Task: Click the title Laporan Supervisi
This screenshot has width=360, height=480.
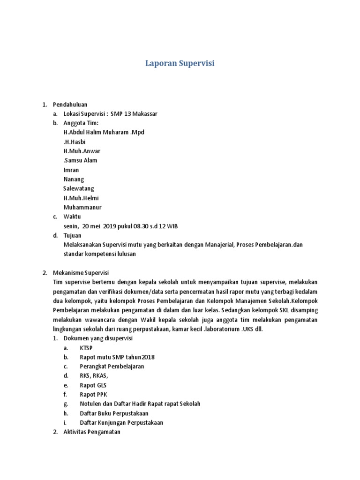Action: click(x=180, y=63)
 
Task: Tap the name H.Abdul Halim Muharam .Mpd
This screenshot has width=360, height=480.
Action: click(x=104, y=132)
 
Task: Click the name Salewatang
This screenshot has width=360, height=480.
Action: click(x=79, y=188)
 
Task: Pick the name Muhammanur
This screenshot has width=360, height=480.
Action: click(x=82, y=207)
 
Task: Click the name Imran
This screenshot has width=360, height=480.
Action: click(x=71, y=170)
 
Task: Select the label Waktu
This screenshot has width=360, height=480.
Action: click(x=72, y=217)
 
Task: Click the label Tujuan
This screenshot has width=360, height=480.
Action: click(x=72, y=235)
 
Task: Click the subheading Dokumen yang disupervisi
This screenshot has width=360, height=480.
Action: click(x=98, y=338)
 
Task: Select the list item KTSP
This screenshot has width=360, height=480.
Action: click(x=86, y=348)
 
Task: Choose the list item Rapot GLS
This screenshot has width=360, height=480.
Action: click(x=93, y=385)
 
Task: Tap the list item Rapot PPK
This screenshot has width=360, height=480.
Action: click(x=93, y=395)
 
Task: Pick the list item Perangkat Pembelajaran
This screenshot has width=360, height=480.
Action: click(x=112, y=367)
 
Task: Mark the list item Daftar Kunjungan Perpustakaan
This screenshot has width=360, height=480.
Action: click(x=121, y=423)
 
